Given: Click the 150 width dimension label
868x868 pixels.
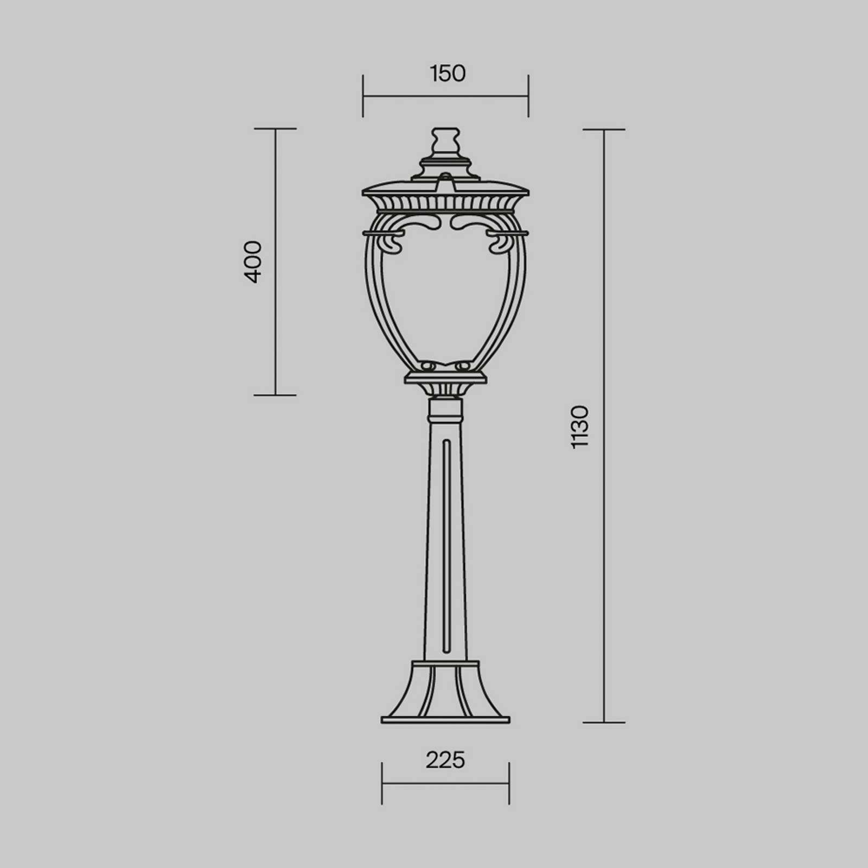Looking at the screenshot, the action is [448, 74].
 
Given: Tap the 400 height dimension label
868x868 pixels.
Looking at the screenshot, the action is [253, 262].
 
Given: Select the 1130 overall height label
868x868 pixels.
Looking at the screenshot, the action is [579, 426].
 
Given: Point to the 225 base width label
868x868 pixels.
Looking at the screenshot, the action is [445, 760].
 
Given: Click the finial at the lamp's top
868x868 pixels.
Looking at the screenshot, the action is [445, 142].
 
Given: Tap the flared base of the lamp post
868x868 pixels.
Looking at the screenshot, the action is [445, 692].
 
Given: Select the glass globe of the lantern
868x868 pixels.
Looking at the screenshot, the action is [445, 293].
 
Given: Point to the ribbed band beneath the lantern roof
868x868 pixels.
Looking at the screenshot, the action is [445, 203].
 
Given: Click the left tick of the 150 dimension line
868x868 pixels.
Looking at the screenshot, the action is [363, 96].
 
